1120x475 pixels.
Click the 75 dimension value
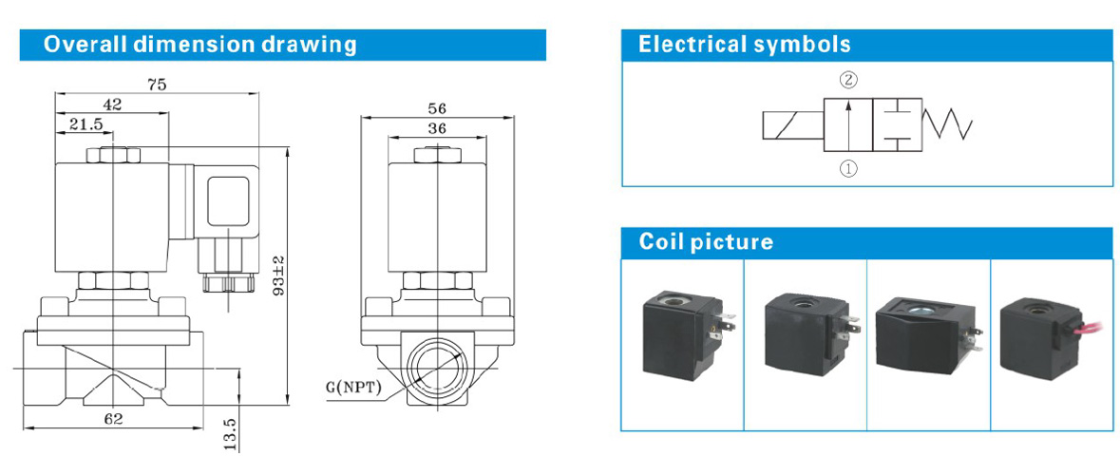tap(157, 85)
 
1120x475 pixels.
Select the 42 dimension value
tap(113, 105)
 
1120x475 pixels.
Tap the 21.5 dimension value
tap(85, 124)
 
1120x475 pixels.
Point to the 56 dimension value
tap(436, 107)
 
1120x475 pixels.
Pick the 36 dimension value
tap(436, 127)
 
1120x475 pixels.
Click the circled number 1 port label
tap(847, 169)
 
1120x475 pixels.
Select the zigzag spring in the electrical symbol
tap(949, 123)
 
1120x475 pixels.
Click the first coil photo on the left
tap(683, 337)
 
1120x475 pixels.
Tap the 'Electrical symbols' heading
tap(745, 45)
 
